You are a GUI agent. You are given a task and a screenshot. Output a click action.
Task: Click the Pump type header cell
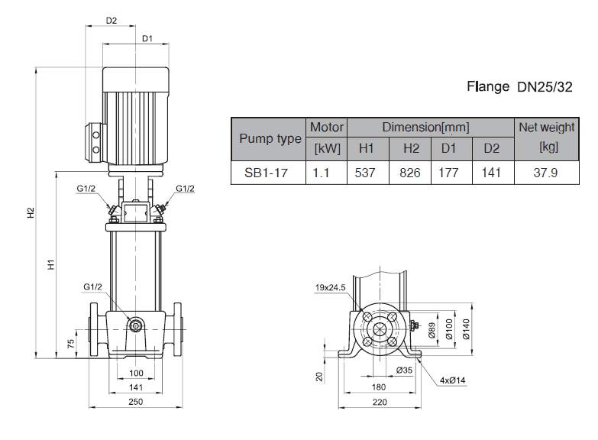click(270, 138)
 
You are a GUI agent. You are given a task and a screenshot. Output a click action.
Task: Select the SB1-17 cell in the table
click(266, 173)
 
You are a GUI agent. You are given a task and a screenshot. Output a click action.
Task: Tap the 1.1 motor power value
click(321, 173)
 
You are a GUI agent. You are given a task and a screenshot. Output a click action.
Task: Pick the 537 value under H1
click(366, 173)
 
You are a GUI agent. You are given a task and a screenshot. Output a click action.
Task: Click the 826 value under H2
click(410, 173)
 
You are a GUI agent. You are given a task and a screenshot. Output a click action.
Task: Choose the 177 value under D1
click(448, 173)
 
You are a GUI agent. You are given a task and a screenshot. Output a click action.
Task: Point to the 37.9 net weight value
click(545, 173)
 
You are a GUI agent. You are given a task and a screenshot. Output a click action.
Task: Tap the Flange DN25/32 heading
click(519, 86)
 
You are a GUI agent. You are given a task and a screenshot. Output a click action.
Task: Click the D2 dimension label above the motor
click(112, 21)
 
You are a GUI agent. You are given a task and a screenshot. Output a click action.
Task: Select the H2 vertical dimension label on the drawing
click(31, 212)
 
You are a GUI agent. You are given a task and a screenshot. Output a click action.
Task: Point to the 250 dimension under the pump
click(136, 402)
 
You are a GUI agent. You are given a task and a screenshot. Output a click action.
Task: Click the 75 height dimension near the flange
click(70, 343)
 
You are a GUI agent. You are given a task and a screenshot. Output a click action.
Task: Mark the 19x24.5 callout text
click(331, 287)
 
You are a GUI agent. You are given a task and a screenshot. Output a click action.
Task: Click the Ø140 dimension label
click(465, 328)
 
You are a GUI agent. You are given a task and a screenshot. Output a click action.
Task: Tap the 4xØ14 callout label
click(452, 380)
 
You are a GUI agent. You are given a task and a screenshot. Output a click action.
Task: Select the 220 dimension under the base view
click(380, 402)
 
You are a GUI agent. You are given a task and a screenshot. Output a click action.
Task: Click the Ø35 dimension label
click(405, 370)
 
